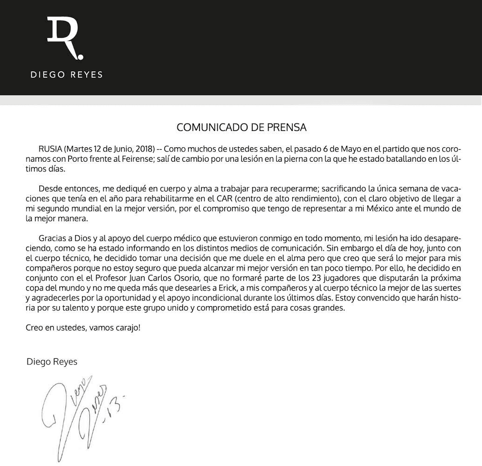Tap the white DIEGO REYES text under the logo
[x=66, y=75]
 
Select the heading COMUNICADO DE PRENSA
[x=241, y=127]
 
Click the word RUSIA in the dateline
[x=50, y=149]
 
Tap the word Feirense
[x=131, y=159]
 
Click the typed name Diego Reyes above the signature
[x=52, y=362]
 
